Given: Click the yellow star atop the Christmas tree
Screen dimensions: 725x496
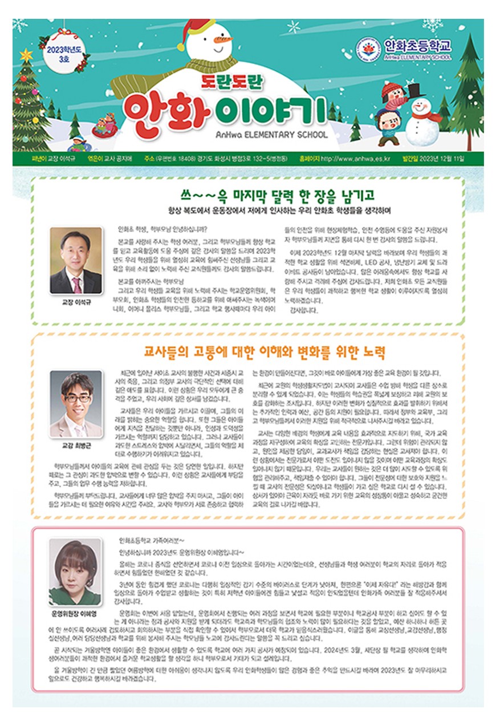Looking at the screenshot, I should click(x=26, y=55).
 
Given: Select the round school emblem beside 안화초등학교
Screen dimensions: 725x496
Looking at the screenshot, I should click(x=371, y=48).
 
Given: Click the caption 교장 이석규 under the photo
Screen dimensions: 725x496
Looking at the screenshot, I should click(x=76, y=302).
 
